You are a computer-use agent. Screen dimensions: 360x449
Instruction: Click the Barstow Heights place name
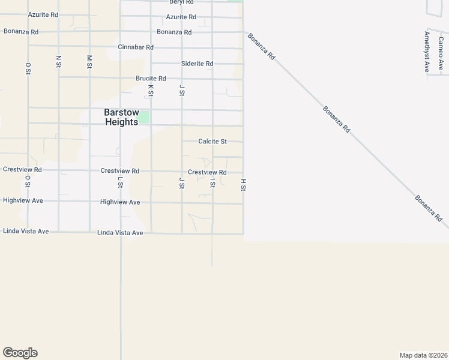(x=122, y=116)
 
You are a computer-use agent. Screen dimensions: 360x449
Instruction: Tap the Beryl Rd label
(x=181, y=2)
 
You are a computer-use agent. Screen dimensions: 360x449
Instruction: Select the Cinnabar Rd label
(x=136, y=47)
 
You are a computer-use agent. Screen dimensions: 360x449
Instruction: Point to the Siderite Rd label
(x=197, y=64)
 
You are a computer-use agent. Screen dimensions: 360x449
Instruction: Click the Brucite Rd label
(x=151, y=79)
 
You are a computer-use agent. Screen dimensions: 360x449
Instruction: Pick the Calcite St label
(x=212, y=142)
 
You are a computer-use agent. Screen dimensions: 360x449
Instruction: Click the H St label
(x=244, y=184)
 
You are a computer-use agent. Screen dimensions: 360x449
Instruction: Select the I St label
(x=212, y=183)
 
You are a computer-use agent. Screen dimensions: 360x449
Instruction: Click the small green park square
(x=144, y=116)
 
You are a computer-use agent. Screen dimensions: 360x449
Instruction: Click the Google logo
(x=20, y=353)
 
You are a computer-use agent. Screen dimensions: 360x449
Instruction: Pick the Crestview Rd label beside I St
(x=207, y=172)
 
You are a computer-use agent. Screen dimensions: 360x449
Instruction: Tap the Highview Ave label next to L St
(x=120, y=202)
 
